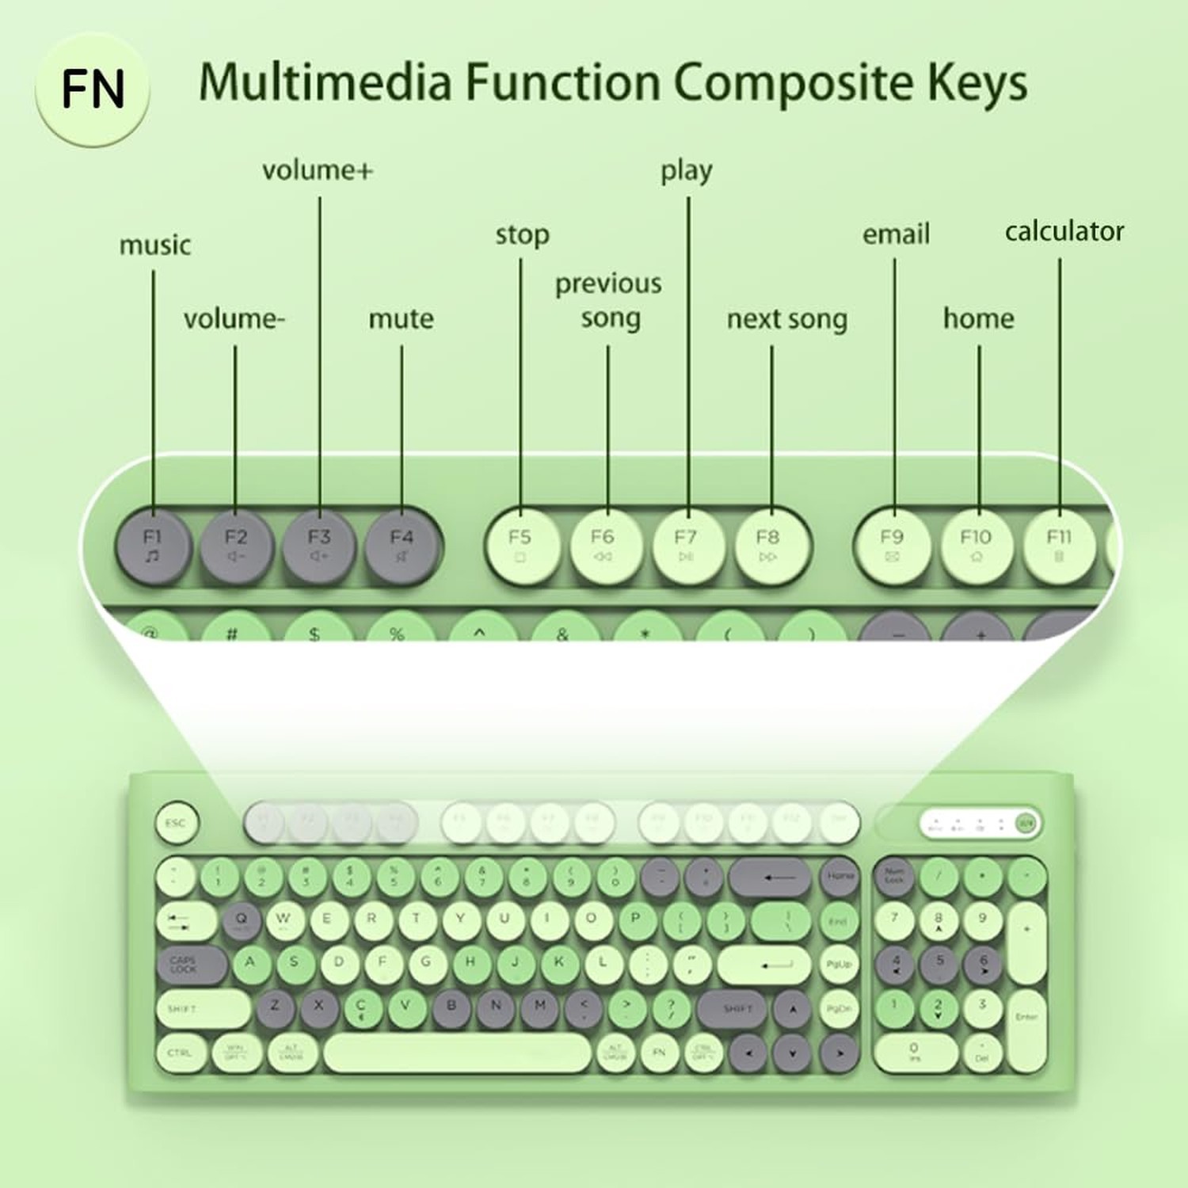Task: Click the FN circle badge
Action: [x=93, y=89]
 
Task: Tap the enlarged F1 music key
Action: [x=153, y=546]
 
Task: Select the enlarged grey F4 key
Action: [x=402, y=546]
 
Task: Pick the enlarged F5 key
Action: [x=520, y=546]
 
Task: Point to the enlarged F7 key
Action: [x=686, y=546]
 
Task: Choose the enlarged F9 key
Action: [x=893, y=546]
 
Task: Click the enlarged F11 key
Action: [x=1059, y=546]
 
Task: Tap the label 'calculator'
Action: [x=1064, y=231]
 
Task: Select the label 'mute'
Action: [x=401, y=319]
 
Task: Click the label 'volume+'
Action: [x=317, y=170]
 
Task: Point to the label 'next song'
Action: [x=786, y=319]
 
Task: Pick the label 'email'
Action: [x=896, y=234]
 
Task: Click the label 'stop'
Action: [x=522, y=235]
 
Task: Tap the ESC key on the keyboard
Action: [x=176, y=823]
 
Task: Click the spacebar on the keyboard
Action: [x=457, y=1053]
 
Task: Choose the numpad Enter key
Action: [x=1026, y=1017]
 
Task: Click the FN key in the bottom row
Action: [x=659, y=1053]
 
